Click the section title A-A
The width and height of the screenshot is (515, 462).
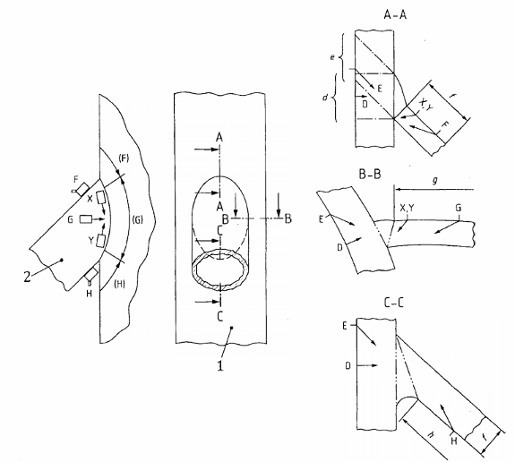tap(395, 15)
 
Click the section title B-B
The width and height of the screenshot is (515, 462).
tap(370, 175)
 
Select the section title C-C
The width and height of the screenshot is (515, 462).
tap(394, 303)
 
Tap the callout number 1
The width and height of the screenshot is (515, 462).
tap(220, 365)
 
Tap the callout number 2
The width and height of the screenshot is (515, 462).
tap(27, 277)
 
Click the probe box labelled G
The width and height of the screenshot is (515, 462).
tap(86, 219)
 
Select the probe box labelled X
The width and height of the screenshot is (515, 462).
tap(100, 198)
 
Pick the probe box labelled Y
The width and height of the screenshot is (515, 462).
tap(99, 241)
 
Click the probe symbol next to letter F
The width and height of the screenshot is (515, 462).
tap(82, 189)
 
